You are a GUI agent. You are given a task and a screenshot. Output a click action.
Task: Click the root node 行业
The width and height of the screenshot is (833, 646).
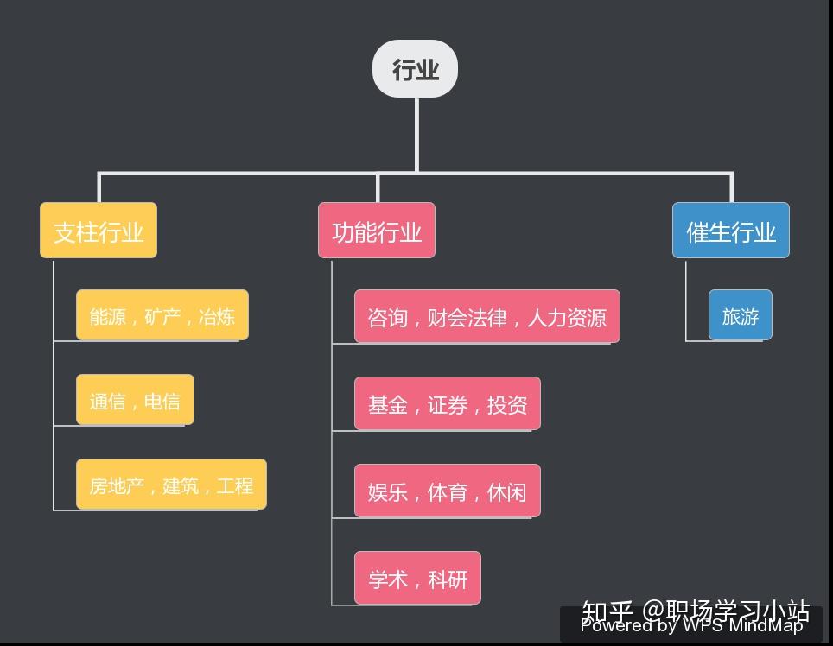point(415,69)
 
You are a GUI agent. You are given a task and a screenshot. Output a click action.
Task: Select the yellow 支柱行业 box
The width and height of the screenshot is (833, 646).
point(99,231)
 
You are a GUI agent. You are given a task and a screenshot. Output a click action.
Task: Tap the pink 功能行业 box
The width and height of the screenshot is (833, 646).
point(377,231)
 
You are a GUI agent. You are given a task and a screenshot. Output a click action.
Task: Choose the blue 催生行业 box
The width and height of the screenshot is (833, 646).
point(731,231)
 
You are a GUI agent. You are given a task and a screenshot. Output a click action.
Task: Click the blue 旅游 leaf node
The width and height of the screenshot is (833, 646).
point(741,315)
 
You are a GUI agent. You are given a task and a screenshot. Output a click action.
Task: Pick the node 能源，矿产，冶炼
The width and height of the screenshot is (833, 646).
point(162,315)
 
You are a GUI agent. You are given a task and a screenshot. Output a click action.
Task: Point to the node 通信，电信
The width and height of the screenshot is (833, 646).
point(135,400)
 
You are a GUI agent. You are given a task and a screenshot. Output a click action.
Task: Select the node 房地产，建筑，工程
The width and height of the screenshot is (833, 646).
point(171,484)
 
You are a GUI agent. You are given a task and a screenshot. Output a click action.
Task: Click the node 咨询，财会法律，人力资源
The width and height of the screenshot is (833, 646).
point(486,316)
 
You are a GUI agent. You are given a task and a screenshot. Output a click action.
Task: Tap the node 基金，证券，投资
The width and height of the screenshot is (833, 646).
point(448,403)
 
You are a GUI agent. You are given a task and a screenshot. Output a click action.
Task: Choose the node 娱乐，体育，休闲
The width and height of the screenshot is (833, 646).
point(448,491)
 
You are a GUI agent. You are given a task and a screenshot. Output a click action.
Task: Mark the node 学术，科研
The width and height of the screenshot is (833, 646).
point(417,578)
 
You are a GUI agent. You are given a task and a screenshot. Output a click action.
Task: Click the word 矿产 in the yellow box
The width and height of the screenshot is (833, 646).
point(162,316)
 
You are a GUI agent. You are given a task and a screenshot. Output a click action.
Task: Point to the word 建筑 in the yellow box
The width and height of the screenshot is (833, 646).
point(181,485)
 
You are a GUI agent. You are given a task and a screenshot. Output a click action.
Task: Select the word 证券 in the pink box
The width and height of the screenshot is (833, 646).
point(448,404)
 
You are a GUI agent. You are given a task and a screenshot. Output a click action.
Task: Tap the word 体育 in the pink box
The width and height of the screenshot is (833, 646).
point(448,491)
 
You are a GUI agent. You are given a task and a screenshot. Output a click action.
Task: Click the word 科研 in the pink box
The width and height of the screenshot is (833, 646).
point(448,579)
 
